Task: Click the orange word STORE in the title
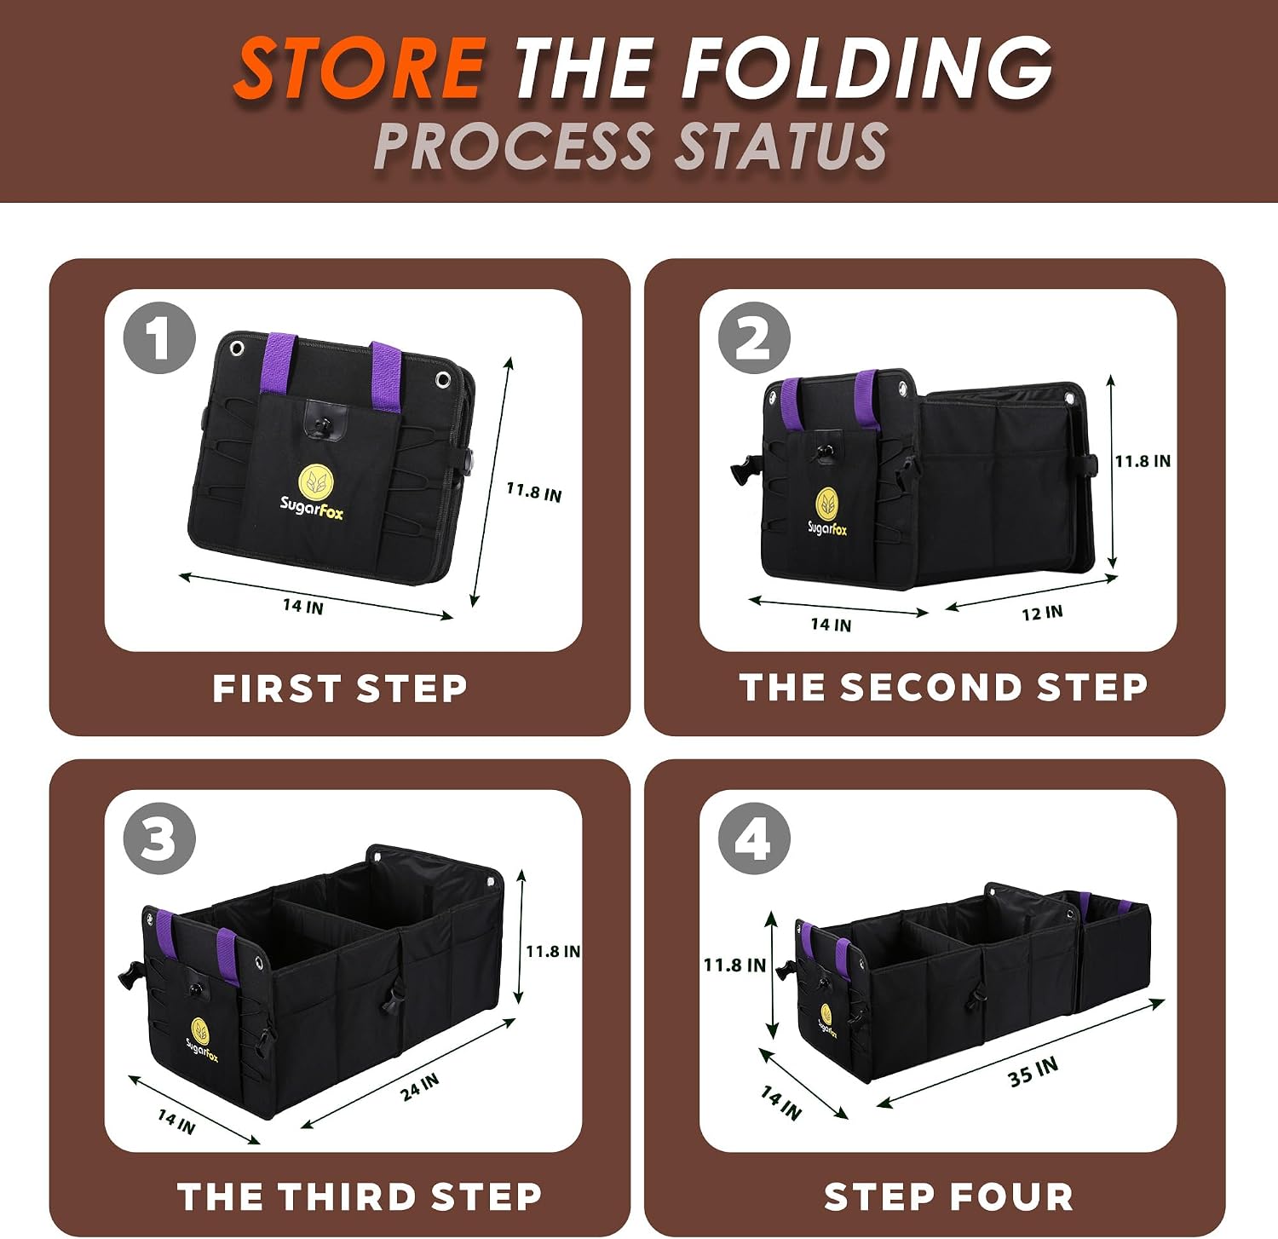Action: [x=360, y=68]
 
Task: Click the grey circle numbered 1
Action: [x=159, y=338]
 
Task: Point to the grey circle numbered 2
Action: [x=754, y=338]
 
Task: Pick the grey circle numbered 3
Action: [x=159, y=838]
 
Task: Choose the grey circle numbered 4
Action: [x=754, y=838]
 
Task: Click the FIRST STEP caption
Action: [x=340, y=689]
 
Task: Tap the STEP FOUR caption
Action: [x=948, y=1196]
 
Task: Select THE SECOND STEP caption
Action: [x=944, y=688]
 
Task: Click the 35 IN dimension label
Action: [x=1033, y=1072]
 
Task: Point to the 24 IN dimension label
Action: [x=420, y=1086]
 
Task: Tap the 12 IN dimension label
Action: [x=1042, y=613]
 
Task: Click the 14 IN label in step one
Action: [x=303, y=606]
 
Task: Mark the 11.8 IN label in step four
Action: [x=734, y=965]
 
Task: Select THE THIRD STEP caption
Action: [x=360, y=1196]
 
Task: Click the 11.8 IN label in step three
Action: [x=553, y=951]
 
